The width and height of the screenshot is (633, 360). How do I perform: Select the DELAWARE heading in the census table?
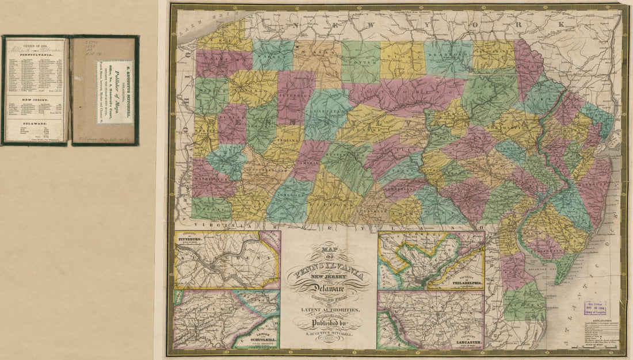coord(35,122)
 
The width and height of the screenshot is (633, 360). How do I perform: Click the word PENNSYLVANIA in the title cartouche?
coord(329,270)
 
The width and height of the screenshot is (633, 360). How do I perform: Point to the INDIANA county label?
coord(284,138)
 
